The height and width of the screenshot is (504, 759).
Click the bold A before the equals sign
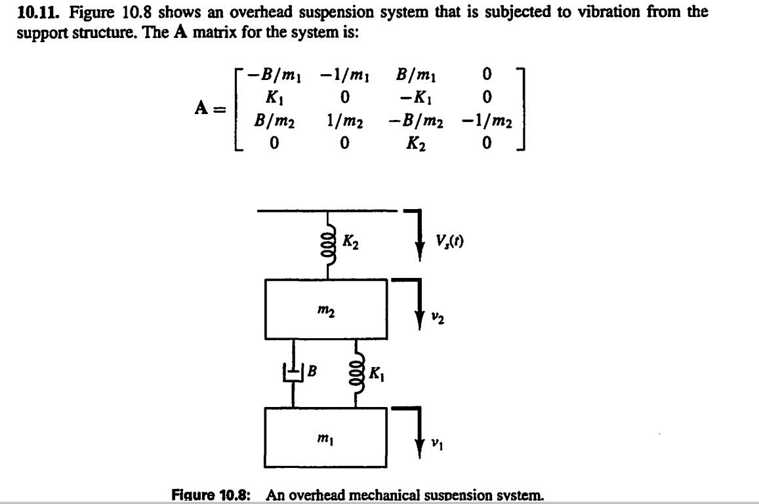pyautogui.click(x=201, y=108)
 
